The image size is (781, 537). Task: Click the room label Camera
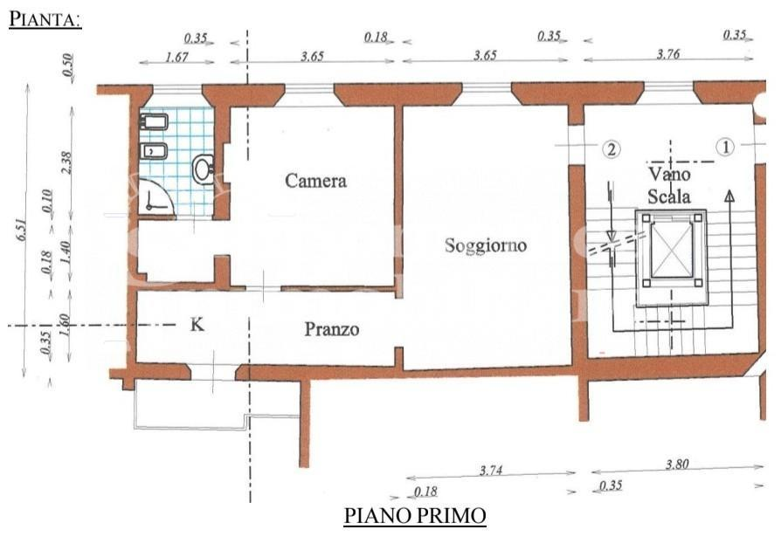[x=315, y=181]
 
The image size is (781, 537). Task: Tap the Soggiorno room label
[x=486, y=246]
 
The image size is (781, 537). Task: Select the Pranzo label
[x=332, y=329]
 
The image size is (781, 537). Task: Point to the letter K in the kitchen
[x=197, y=325]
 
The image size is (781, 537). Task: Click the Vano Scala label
[x=669, y=185]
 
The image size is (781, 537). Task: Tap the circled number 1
[x=725, y=147]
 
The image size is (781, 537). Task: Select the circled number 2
[x=612, y=148]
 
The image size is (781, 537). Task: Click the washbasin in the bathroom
[x=204, y=169]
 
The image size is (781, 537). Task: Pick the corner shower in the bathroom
[x=155, y=197]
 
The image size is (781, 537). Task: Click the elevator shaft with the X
[x=672, y=248]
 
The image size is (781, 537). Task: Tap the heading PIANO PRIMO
[x=415, y=516]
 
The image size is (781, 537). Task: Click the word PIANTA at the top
[x=45, y=19]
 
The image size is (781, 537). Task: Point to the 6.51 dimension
[x=22, y=231]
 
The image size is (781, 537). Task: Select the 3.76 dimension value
[x=668, y=54]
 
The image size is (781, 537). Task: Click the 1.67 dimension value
[x=176, y=57]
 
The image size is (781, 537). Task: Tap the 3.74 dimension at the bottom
[x=491, y=470]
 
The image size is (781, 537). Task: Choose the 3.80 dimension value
[x=677, y=465]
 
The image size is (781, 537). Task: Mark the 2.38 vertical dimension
[x=66, y=162]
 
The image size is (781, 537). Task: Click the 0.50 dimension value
[x=68, y=65]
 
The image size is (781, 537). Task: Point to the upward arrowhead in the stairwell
[x=729, y=196]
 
